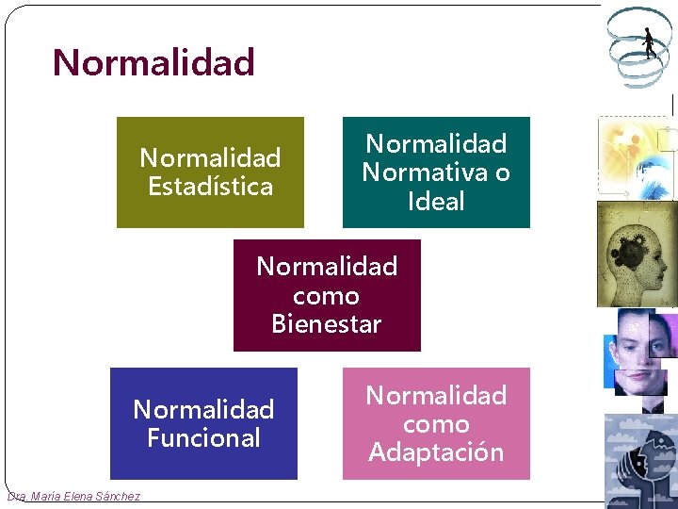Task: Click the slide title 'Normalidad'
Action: [153, 63]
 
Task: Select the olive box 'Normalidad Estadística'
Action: [210, 172]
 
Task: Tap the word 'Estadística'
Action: [210, 187]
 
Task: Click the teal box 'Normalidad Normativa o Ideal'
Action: [436, 172]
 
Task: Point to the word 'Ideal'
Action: [436, 201]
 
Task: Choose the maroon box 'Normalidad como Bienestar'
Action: [327, 295]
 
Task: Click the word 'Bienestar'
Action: [327, 324]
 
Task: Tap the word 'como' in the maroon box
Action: [326, 296]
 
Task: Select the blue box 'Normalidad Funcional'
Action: [203, 423]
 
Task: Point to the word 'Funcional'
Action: [203, 438]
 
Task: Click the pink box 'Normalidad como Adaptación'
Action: [436, 423]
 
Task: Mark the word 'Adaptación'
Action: [436, 452]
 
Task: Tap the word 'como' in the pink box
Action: [436, 424]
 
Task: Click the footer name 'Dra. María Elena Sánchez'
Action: [73, 497]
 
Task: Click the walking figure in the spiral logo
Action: [649, 42]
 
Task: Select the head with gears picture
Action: [637, 254]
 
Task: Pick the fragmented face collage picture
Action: [640, 353]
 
